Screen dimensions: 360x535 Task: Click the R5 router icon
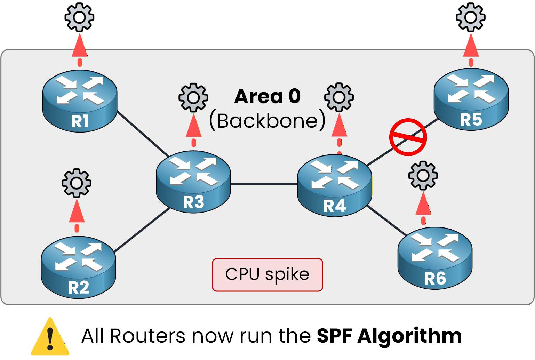(471, 99)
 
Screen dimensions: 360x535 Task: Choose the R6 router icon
(435, 258)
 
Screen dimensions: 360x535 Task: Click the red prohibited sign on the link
(408, 137)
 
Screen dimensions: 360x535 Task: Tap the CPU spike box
(267, 275)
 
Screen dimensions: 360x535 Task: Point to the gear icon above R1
(79, 17)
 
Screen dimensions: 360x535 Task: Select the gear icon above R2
(77, 183)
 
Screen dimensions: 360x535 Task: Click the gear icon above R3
(193, 97)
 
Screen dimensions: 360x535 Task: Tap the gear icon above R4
(339, 97)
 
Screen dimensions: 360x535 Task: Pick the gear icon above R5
(471, 17)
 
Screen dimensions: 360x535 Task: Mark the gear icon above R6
(423, 175)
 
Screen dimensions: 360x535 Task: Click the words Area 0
(267, 96)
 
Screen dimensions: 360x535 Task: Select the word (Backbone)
(267, 121)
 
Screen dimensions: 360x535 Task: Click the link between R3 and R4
(264, 184)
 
